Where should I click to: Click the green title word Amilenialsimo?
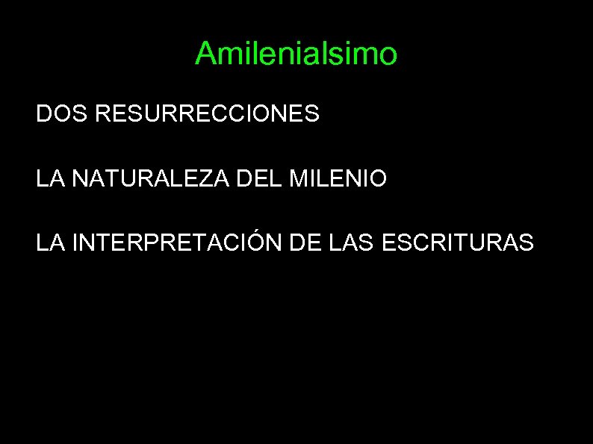tap(296, 54)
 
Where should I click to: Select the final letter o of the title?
tap(388, 54)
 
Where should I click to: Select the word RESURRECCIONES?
tap(208, 114)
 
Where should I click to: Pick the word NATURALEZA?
tap(142, 179)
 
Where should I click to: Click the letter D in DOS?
tap(43, 114)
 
